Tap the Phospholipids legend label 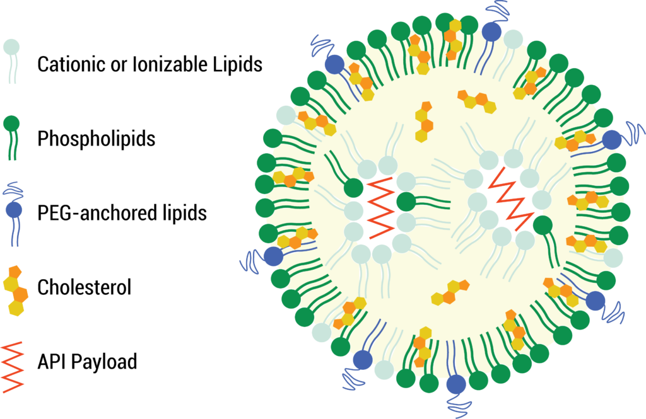pyautogui.click(x=96, y=138)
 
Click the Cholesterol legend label pyautogui.click(x=84, y=287)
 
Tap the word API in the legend pyautogui.click(x=52, y=362)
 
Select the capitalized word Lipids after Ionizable pyautogui.click(x=237, y=64)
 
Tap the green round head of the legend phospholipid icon pyautogui.click(x=12, y=124)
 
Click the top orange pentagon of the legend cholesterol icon pyautogui.click(x=15, y=272)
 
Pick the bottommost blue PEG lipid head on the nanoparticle pyautogui.click(x=455, y=384)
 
